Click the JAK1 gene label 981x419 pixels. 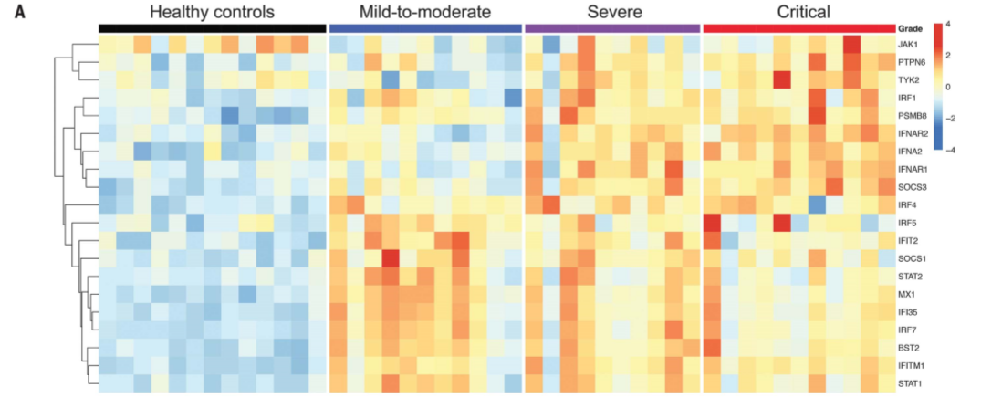tap(910, 44)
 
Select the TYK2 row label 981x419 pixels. tap(910, 80)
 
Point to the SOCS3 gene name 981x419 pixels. tap(913, 187)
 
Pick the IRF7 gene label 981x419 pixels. tap(910, 330)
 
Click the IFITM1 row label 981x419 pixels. tap(913, 365)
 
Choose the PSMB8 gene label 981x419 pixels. tap(913, 116)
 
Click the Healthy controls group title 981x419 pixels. tap(212, 12)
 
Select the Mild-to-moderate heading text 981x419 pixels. tap(424, 12)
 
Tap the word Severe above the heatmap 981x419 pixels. tap(614, 12)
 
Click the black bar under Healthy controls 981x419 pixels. tap(212, 28)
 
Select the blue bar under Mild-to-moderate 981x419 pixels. tap(424, 28)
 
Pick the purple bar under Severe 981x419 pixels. tap(613, 28)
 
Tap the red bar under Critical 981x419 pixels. tap(799, 28)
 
